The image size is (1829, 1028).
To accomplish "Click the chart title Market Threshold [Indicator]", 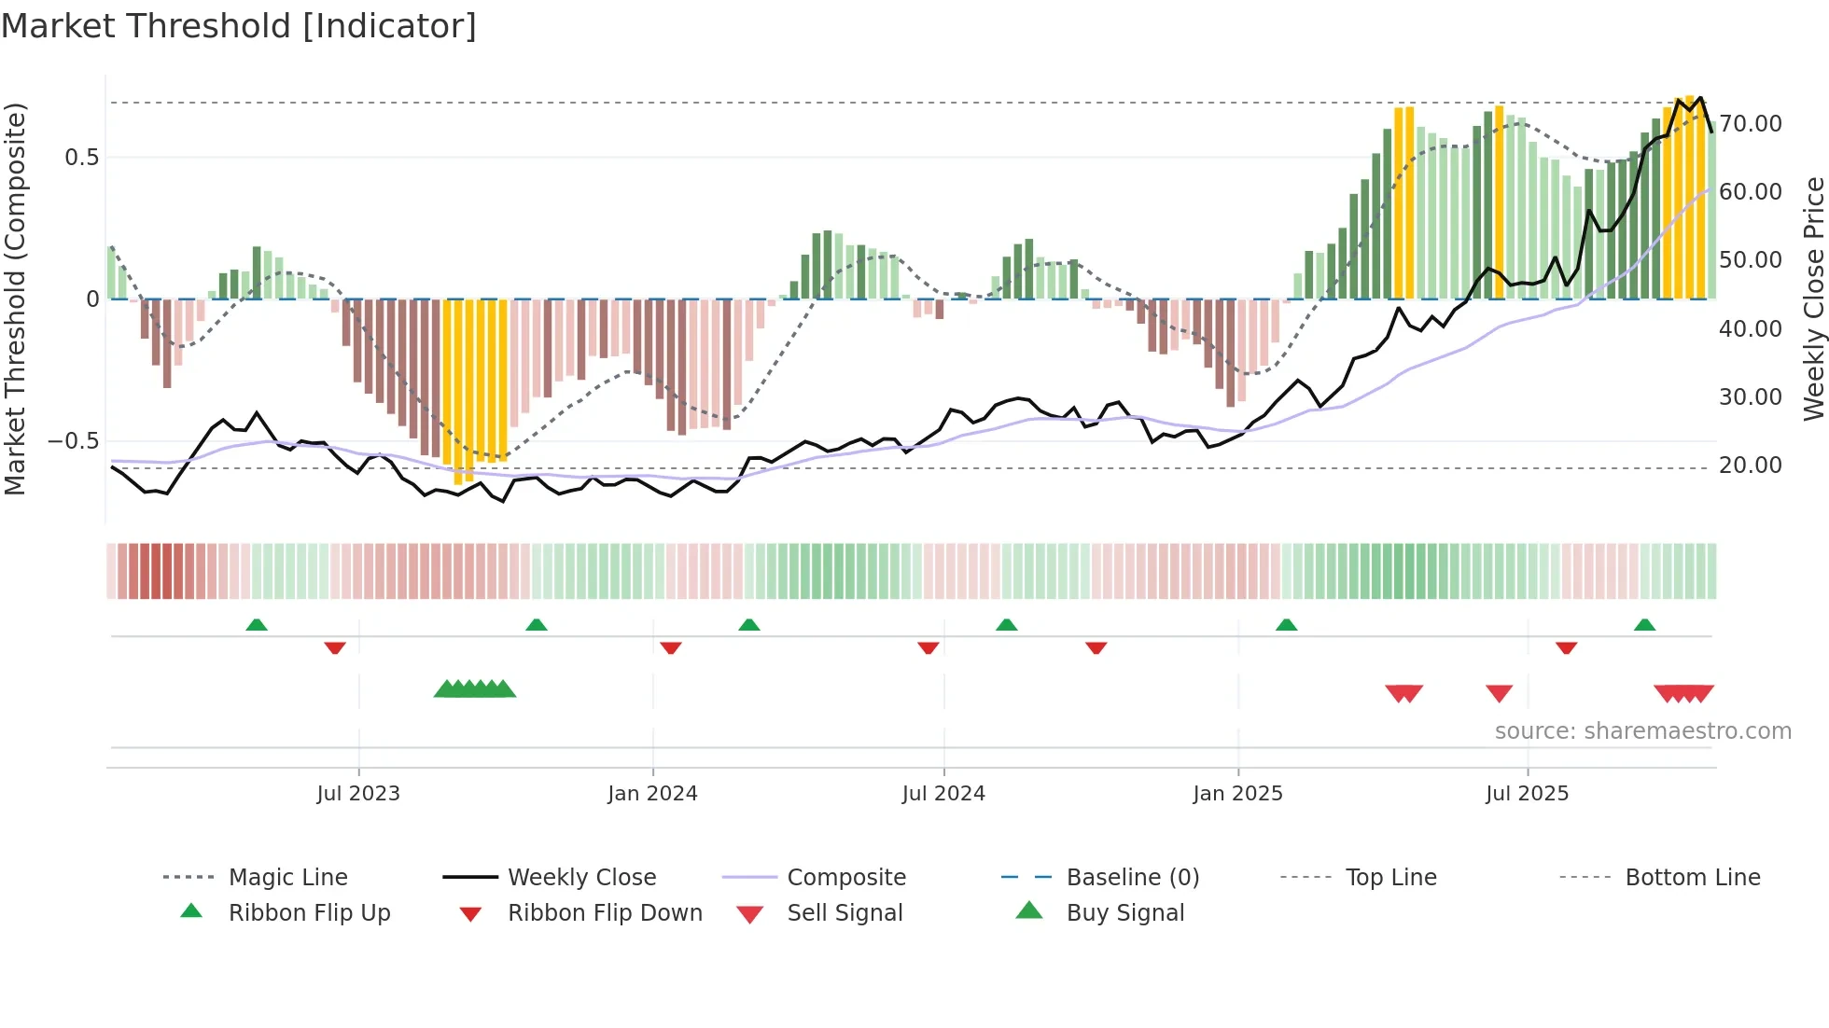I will point(239,26).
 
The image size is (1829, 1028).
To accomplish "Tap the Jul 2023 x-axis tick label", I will point(358,794).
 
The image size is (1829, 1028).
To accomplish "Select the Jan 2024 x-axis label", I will point(652,794).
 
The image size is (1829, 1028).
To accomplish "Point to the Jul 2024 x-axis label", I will point(943,794).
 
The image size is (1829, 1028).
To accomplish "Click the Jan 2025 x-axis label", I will point(1237,794).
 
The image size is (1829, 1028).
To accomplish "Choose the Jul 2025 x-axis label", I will point(1527,794).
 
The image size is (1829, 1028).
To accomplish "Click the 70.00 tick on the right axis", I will point(1750,124).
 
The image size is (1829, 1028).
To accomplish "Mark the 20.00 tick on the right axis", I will point(1750,465).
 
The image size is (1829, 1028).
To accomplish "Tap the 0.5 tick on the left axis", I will point(82,158).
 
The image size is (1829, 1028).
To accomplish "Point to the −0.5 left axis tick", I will point(74,441).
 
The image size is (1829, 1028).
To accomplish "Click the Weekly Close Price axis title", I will point(1813,299).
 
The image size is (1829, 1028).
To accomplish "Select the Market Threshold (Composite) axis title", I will point(15,299).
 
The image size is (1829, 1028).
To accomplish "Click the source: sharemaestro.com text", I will point(1642,731).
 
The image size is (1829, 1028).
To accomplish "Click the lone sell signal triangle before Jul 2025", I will point(1499,693).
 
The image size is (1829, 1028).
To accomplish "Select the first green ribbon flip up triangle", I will point(257,625).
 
